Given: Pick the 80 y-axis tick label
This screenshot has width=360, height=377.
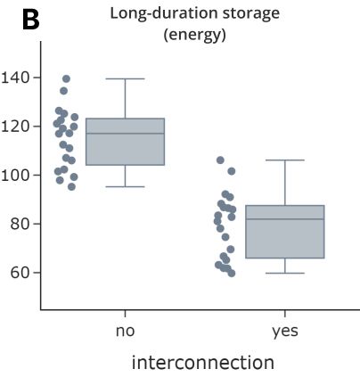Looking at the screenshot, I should pyautogui.click(x=21, y=224).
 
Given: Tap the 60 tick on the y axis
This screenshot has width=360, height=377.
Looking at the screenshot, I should pyautogui.click(x=21, y=273).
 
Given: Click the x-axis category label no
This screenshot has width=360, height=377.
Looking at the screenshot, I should pyautogui.click(x=125, y=331).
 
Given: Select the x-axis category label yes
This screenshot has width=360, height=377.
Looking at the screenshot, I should pyautogui.click(x=284, y=331).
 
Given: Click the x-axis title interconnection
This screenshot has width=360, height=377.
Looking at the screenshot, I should pyautogui.click(x=202, y=363).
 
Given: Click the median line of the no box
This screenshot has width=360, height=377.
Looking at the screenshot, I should pyautogui.click(x=125, y=134).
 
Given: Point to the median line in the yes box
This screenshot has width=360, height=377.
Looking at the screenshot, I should pyautogui.click(x=284, y=219).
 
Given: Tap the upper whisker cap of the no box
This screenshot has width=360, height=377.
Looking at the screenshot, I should pyautogui.click(x=125, y=78).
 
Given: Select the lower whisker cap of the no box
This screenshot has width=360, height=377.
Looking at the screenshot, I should pyautogui.click(x=125, y=186).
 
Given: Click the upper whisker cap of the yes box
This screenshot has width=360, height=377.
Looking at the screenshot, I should pyautogui.click(x=284, y=160).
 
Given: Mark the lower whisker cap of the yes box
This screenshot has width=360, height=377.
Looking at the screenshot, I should pyautogui.click(x=284, y=273).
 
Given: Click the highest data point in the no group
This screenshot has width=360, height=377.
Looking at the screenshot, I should pyautogui.click(x=66, y=78).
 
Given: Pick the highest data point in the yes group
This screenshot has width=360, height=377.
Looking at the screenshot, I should pyautogui.click(x=220, y=160).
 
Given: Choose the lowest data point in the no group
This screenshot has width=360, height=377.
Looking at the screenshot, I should pyautogui.click(x=71, y=186).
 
